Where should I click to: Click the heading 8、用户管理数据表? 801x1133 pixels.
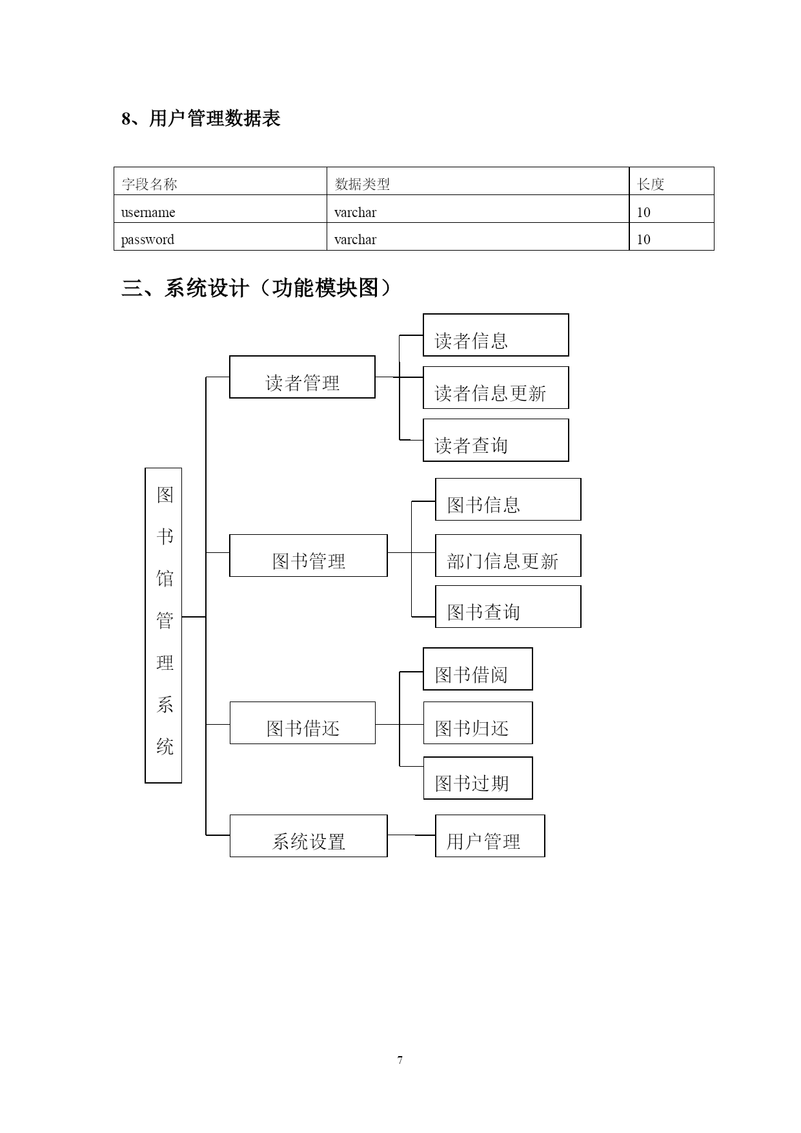tap(201, 119)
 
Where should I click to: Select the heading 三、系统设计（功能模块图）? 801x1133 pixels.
tap(257, 288)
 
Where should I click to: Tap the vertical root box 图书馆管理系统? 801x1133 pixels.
tap(163, 625)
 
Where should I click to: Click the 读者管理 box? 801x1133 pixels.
tap(302, 377)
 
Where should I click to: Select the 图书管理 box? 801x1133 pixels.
tap(309, 556)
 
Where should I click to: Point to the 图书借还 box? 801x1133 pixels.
tap(303, 723)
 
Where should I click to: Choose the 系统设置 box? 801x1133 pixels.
tap(309, 836)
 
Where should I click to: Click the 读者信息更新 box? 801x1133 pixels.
tap(496, 388)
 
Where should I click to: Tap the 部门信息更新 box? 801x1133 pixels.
tap(508, 556)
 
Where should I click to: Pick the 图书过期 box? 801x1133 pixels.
tap(478, 778)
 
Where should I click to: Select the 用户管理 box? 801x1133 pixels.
tap(490, 836)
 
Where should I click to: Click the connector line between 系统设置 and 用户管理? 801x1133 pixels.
tap(411, 835)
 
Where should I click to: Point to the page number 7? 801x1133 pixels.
tap(400, 1060)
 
